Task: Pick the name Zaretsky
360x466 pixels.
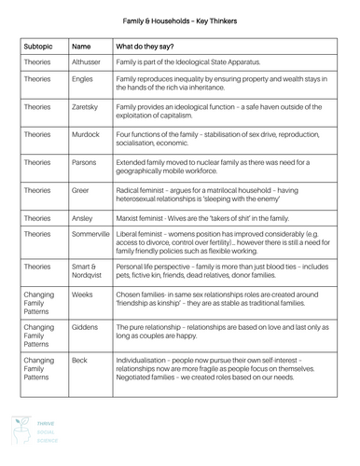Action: coord(86,107)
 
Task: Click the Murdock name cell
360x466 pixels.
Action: coord(86,134)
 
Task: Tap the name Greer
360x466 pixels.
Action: coord(82,188)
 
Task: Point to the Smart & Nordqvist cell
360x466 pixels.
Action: coord(88,271)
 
